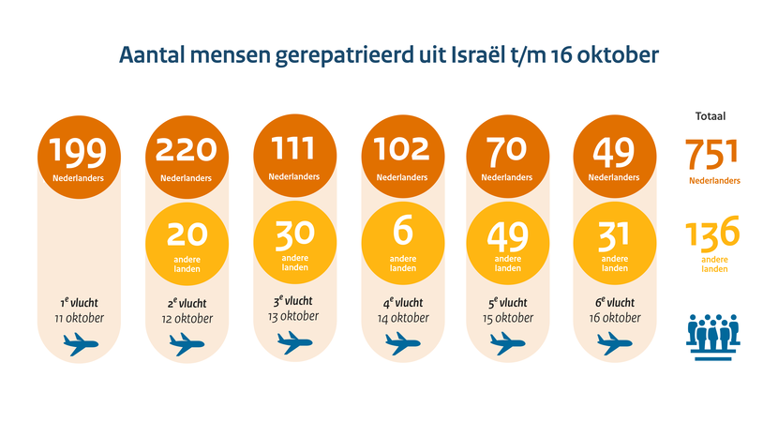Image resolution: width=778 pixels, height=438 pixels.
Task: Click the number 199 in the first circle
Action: coord(80,150)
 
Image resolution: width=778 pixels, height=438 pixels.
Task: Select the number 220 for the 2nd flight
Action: coord(187,150)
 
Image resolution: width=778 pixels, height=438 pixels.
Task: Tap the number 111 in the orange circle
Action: coord(294,148)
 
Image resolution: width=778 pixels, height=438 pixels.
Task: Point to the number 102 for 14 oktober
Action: coord(401,148)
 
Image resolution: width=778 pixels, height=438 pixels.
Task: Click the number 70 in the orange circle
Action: coord(507,148)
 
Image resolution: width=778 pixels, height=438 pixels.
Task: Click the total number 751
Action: coord(711,153)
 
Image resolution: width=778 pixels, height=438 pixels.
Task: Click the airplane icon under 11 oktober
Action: coord(80,346)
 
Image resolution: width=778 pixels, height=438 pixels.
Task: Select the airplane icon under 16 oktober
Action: coord(614,346)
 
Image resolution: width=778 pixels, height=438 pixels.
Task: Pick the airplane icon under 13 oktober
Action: coord(294,346)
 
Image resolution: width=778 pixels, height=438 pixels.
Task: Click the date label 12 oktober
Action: coord(187,319)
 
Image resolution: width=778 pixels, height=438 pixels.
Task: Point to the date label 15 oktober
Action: coord(507,319)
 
